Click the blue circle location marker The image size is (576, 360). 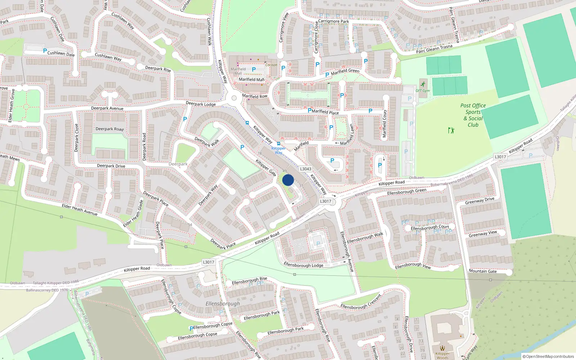288,180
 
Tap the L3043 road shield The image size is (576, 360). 306,169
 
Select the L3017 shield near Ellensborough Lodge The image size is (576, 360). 208,262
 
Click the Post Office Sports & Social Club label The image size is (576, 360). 473,115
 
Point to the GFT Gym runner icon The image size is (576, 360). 423,85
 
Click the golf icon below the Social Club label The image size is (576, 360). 451,130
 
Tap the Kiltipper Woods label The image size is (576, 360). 442,356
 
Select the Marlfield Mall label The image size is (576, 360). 252,80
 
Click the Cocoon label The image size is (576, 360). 271,65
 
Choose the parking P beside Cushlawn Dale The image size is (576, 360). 45,51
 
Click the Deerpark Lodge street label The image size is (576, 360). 201,104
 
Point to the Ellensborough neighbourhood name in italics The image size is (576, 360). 222,304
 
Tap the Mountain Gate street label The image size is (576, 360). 483,271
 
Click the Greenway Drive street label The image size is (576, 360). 480,201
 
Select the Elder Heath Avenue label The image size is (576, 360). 80,210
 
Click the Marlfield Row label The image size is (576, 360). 255,96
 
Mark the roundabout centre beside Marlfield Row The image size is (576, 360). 234,98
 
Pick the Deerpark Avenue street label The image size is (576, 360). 107,108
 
